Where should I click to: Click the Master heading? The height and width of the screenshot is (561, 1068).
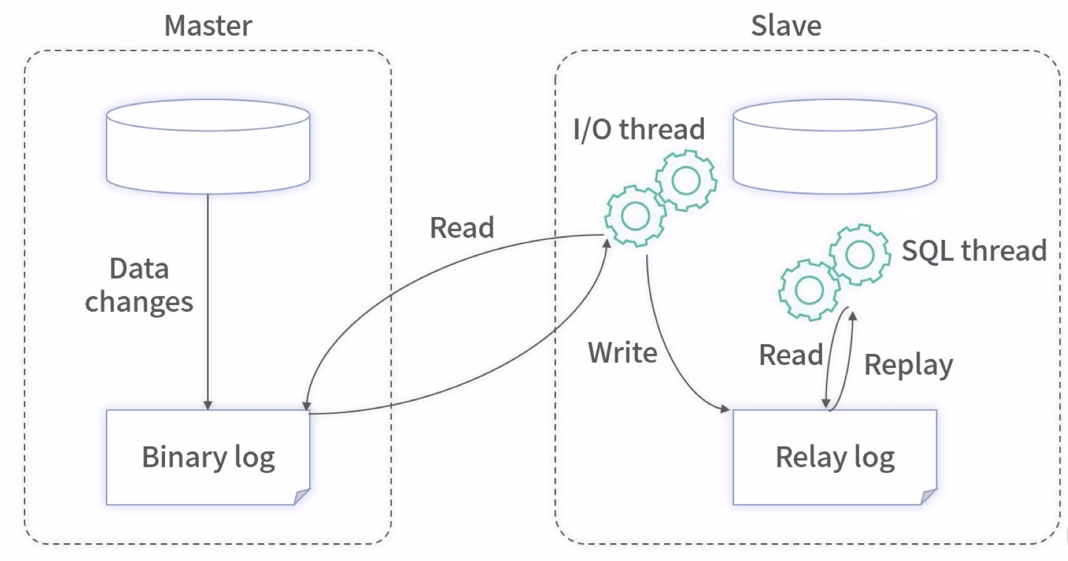(x=208, y=26)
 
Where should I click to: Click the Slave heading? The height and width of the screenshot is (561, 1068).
(x=786, y=26)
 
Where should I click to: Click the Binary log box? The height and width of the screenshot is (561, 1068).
(x=208, y=457)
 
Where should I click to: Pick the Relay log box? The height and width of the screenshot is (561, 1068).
(x=835, y=457)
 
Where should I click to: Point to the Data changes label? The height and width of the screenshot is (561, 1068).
(x=139, y=285)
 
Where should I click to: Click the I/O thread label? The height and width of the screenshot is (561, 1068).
(x=639, y=129)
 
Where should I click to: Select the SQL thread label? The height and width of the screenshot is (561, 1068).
(x=974, y=251)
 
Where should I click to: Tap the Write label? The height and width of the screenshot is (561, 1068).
(x=623, y=353)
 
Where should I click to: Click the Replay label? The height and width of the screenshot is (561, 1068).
(x=908, y=364)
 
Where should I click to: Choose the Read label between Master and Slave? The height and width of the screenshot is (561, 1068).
(x=462, y=227)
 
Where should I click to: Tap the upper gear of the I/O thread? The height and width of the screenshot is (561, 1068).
(x=686, y=181)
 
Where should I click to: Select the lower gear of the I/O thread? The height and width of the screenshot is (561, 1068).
(x=636, y=216)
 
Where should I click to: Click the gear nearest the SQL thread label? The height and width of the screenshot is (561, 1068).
(x=859, y=254)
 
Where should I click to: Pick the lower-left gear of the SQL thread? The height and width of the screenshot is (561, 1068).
(x=809, y=290)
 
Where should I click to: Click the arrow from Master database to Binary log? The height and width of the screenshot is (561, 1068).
(x=208, y=302)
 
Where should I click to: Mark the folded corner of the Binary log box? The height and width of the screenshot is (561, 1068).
(x=302, y=496)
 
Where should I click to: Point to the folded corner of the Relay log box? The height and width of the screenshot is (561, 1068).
(x=929, y=496)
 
